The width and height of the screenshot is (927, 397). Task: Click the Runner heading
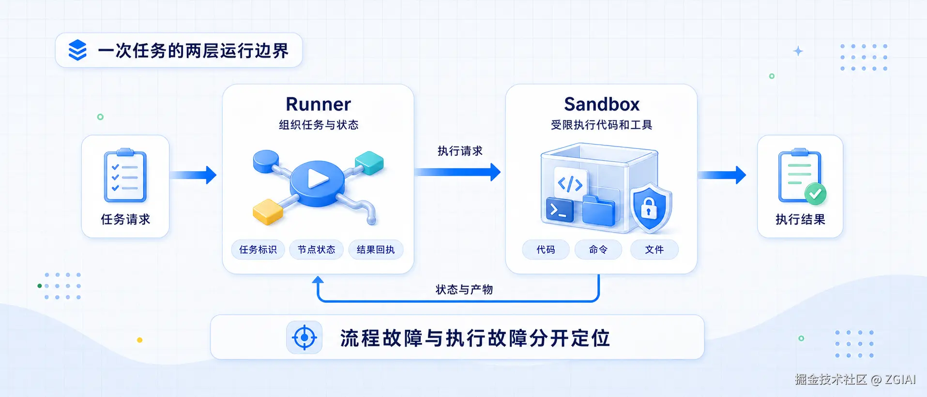(318, 104)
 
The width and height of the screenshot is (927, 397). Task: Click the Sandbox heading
(602, 104)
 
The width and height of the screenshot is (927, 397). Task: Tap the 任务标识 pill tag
(258, 250)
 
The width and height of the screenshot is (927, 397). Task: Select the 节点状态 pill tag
(316, 250)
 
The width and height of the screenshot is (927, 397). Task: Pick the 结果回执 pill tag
(376, 250)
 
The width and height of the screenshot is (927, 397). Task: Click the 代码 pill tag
(546, 250)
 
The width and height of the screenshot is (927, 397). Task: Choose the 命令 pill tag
(598, 250)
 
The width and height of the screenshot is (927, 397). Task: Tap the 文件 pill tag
(654, 250)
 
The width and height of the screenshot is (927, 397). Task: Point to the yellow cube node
(268, 211)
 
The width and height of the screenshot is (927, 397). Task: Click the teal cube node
(369, 162)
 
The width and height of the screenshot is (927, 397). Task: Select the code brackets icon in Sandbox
(570, 184)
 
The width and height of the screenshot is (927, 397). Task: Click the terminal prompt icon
(560, 210)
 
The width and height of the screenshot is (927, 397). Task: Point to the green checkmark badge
(816, 194)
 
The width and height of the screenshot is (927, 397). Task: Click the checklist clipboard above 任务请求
(125, 175)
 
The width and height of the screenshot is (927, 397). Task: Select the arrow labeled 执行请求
(457, 172)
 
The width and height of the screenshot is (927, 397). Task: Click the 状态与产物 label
(464, 290)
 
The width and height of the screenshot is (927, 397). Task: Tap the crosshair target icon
(304, 337)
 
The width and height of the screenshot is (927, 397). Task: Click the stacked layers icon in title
(77, 50)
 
